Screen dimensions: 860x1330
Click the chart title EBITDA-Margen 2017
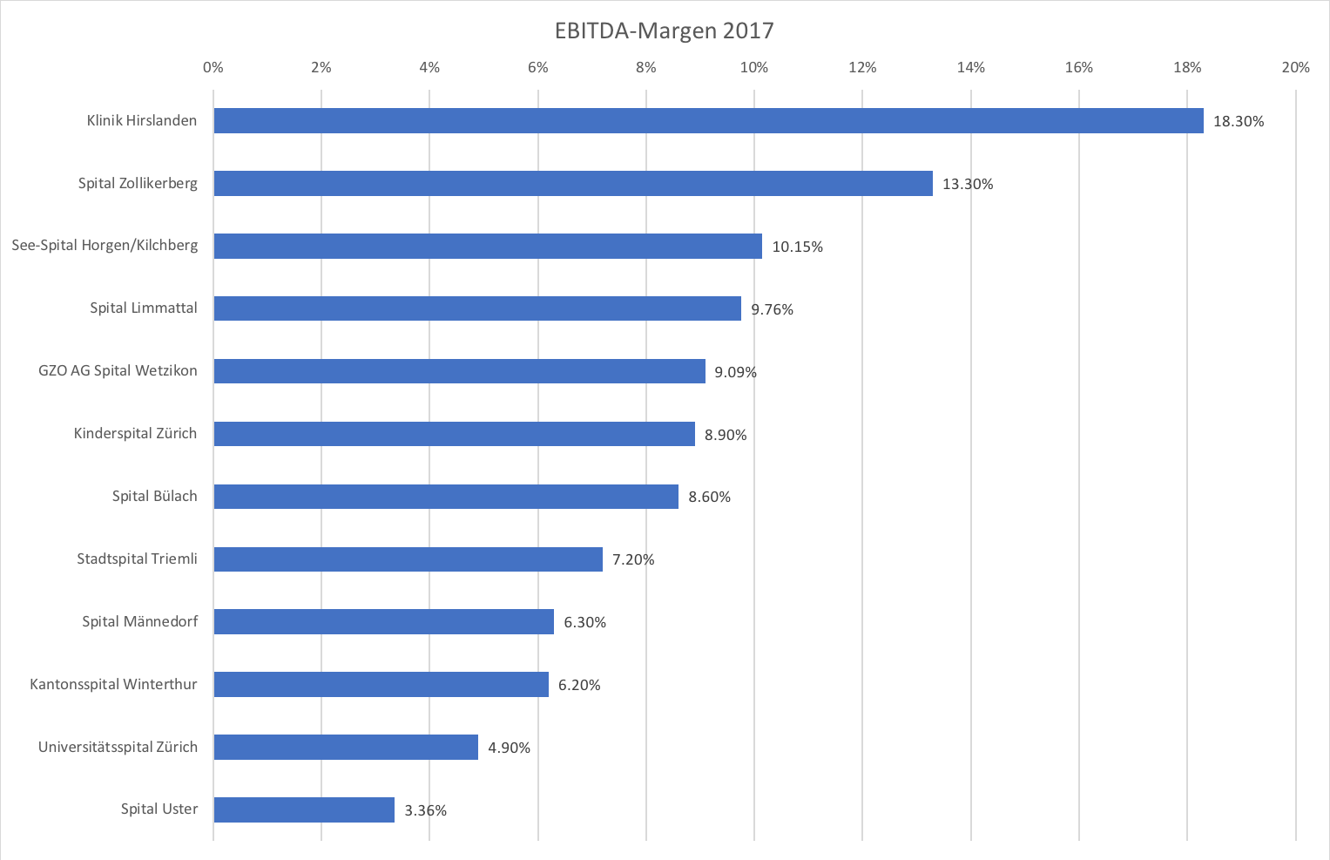click(664, 31)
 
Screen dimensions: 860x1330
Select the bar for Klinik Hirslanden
click(708, 121)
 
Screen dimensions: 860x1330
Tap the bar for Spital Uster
click(304, 809)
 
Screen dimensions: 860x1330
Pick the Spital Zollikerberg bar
click(573, 184)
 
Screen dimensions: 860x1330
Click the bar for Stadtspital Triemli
click(408, 559)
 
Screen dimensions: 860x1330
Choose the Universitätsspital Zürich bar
click(346, 748)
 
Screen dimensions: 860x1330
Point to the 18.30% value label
click(1238, 122)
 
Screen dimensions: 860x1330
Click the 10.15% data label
click(797, 247)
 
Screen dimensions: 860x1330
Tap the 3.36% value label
click(425, 810)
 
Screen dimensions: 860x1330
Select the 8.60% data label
click(709, 497)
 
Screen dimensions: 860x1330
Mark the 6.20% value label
click(579, 685)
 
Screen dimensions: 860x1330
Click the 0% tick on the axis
click(213, 68)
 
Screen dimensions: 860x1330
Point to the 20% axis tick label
click(1295, 68)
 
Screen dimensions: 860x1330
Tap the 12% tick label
click(862, 68)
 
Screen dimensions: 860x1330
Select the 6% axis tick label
click(537, 68)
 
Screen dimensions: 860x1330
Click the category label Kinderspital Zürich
click(135, 434)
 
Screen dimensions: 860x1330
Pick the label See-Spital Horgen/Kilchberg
click(105, 246)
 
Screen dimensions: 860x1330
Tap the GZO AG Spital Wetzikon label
click(118, 371)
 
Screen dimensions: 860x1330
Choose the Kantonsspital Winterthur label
click(113, 685)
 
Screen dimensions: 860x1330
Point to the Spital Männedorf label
click(139, 622)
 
